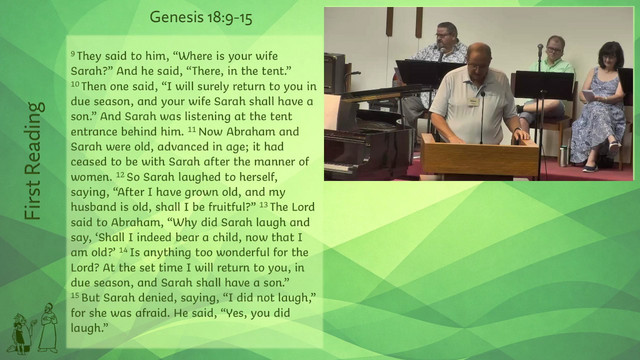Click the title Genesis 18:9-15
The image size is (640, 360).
(201, 18)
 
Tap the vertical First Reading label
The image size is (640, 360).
(33, 161)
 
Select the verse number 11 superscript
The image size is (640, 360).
(192, 130)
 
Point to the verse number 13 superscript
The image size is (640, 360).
(264, 204)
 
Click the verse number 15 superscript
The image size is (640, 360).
(75, 295)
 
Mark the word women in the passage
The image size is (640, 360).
(91, 177)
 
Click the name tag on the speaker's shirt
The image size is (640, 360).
(473, 101)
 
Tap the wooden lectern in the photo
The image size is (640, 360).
(480, 156)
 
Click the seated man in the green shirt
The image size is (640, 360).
(547, 82)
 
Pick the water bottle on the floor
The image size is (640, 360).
(564, 156)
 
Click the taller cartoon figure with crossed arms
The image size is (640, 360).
(48, 328)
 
